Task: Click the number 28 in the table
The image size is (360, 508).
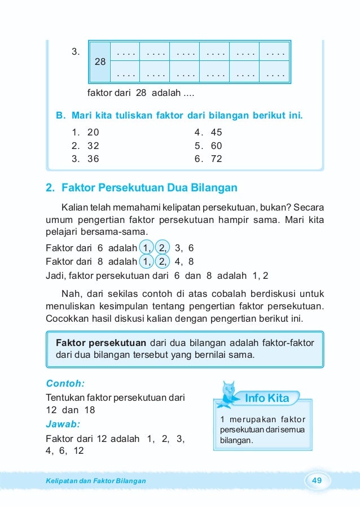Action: [100, 62]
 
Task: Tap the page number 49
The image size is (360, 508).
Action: [317, 480]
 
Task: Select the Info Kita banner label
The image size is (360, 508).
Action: [267, 398]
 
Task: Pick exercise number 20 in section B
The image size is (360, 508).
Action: [93, 133]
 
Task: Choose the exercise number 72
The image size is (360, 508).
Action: [216, 159]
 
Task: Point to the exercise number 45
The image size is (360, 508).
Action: [216, 133]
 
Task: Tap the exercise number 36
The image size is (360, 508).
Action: [93, 159]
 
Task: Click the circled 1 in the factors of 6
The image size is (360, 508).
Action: [147, 247]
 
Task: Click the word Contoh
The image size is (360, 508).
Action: [65, 383]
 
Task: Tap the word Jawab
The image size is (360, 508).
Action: [63, 423]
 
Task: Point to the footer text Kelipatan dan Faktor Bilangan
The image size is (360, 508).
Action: [95, 480]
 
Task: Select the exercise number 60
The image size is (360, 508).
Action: [216, 146]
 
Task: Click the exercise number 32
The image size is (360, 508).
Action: [93, 146]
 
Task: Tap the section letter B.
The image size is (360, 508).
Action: [59, 116]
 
